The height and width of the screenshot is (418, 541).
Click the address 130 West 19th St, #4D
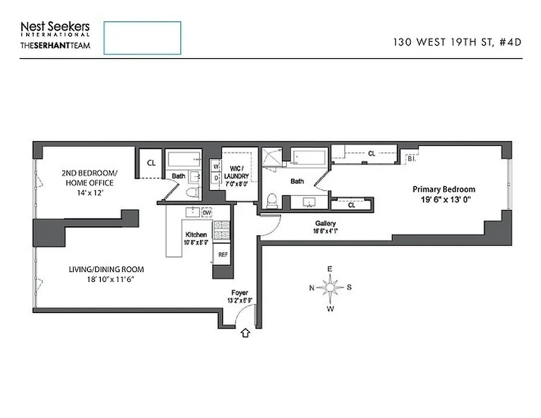(457, 43)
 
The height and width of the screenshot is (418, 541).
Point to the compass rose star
(330, 288)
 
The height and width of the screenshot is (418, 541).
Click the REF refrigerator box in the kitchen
(223, 254)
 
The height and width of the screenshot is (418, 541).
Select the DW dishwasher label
(207, 213)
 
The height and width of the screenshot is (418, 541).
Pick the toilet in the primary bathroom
(271, 201)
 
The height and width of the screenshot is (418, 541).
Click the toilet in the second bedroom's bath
(192, 193)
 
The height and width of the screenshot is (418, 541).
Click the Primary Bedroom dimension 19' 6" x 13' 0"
(444, 199)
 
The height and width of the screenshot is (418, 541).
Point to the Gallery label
(325, 223)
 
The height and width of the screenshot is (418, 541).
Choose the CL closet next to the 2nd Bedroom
(151, 163)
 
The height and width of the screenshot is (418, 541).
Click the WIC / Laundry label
(237, 173)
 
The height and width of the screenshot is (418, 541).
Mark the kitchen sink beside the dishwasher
(193, 212)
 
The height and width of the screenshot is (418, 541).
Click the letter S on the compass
(349, 287)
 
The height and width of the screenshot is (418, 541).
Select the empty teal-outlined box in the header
(142, 38)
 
